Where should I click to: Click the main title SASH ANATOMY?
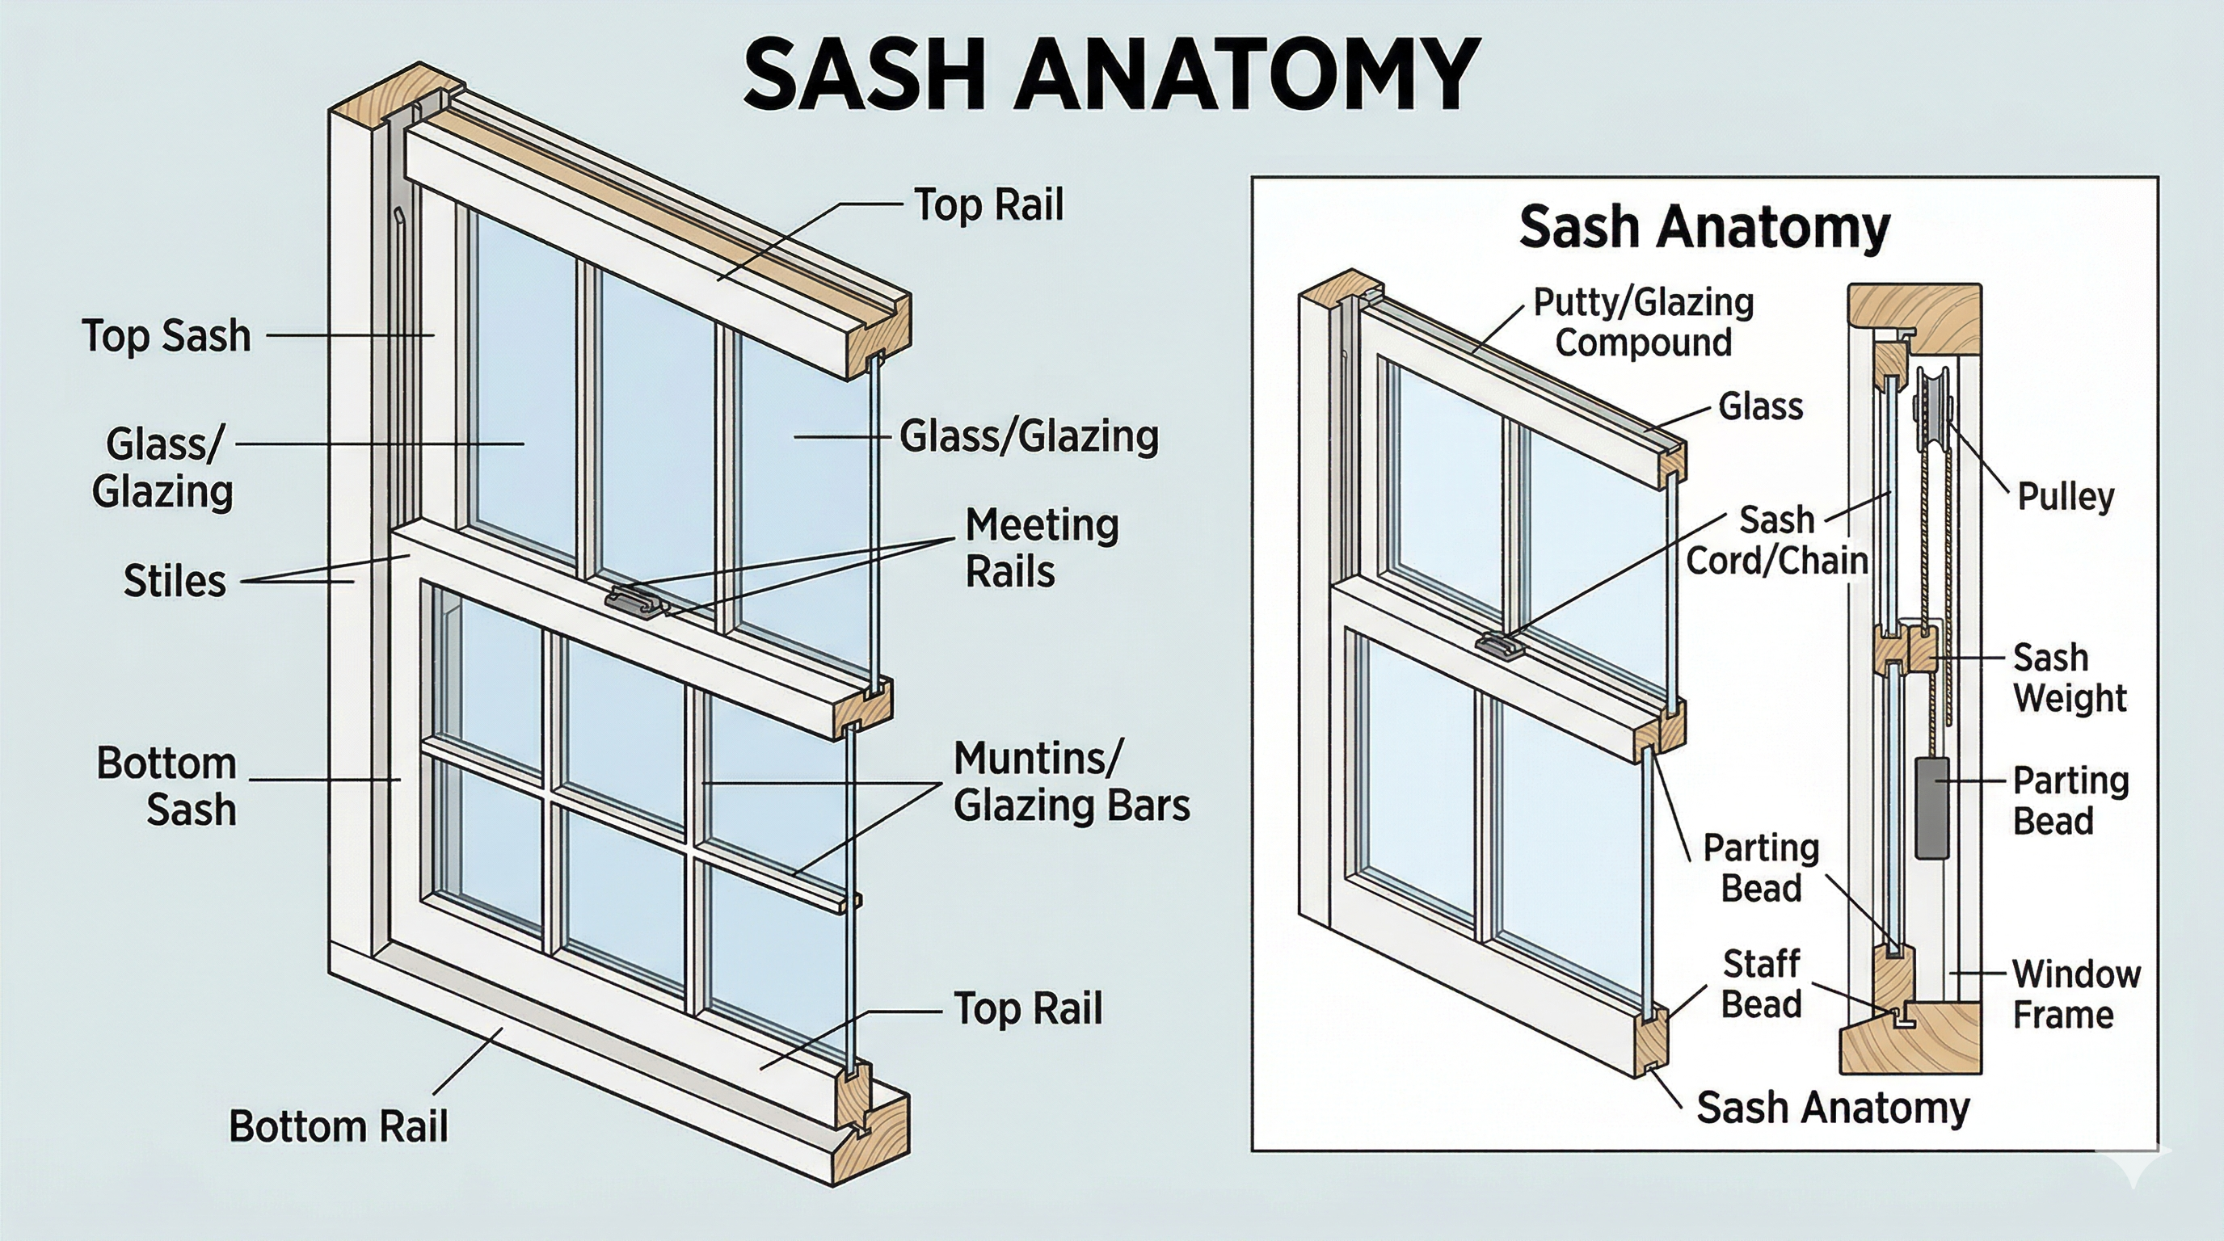pyautogui.click(x=1112, y=74)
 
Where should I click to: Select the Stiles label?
pyautogui.click(x=175, y=581)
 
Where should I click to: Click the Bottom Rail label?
pyautogui.click(x=339, y=1126)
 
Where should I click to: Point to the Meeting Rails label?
pyautogui.click(x=1040, y=548)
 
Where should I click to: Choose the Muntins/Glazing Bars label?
pyautogui.click(x=1071, y=782)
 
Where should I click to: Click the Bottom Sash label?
pyautogui.click(x=166, y=786)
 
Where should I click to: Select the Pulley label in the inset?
pyautogui.click(x=2065, y=496)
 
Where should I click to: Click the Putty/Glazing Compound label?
pyautogui.click(x=1643, y=322)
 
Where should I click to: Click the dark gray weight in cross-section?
pyautogui.click(x=1932, y=808)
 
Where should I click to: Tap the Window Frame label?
pyautogui.click(x=2075, y=995)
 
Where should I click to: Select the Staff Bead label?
pyautogui.click(x=1761, y=984)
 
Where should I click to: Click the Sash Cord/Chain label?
pyautogui.click(x=1777, y=541)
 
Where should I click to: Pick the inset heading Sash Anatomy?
pyautogui.click(x=1704, y=228)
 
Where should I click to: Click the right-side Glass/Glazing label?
pyautogui.click(x=1028, y=435)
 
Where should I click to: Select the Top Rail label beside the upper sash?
pyautogui.click(x=988, y=204)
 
